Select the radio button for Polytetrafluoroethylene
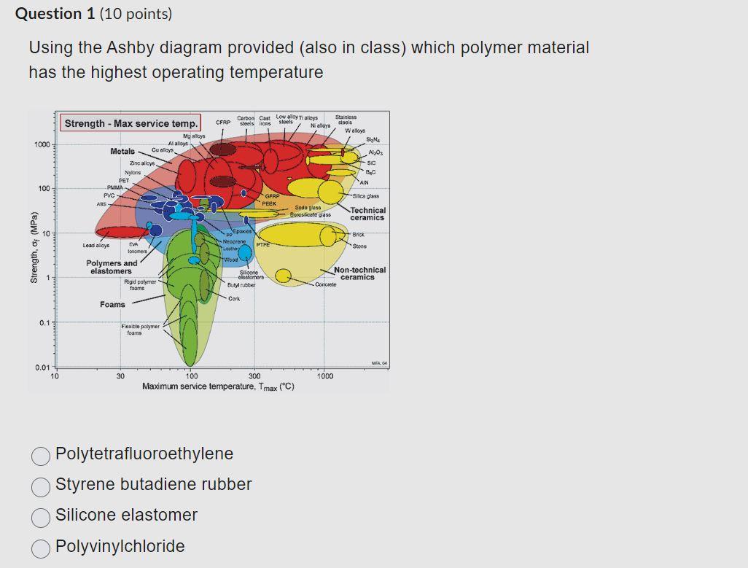[x=41, y=455]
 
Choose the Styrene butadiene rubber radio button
[x=41, y=486]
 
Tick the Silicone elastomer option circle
[x=41, y=516]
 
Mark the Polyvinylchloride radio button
[x=41, y=547]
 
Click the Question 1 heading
[x=94, y=14]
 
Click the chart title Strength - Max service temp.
[x=131, y=123]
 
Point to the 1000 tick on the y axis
[x=42, y=144]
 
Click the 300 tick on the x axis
[x=254, y=376]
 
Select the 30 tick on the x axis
[x=120, y=376]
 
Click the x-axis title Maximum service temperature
[x=218, y=386]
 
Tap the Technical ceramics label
[x=367, y=214]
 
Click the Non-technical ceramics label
[x=359, y=273]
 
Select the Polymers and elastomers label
[x=111, y=267]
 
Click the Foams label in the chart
[x=112, y=304]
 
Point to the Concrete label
[x=326, y=284]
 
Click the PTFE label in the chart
[x=262, y=246]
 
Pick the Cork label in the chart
[x=234, y=298]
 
